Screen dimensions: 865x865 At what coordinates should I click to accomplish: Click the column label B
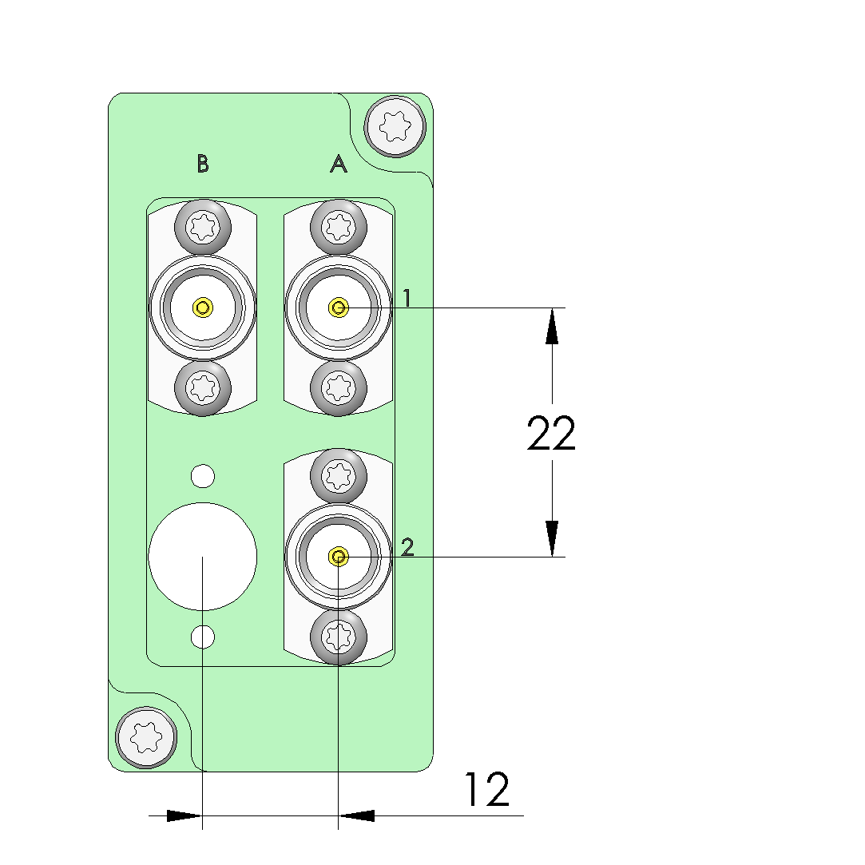[203, 164]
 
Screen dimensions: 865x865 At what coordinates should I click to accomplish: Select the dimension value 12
[486, 790]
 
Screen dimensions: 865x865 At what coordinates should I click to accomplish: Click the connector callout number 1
[407, 298]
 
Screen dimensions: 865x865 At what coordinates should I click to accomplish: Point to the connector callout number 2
[407, 547]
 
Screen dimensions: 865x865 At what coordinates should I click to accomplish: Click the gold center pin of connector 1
[339, 308]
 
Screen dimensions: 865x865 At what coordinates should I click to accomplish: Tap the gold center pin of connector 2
[339, 556]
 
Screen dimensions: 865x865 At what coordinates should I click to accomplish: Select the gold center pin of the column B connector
[203, 308]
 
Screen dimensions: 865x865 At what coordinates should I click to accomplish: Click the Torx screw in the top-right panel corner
[394, 125]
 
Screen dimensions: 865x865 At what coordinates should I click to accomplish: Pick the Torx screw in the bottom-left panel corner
[146, 737]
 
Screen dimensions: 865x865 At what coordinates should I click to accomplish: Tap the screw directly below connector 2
[339, 637]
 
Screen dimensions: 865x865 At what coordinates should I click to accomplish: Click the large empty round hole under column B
[203, 556]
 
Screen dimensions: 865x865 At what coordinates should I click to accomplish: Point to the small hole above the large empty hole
[203, 476]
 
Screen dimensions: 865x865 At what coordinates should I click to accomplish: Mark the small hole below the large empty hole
[203, 637]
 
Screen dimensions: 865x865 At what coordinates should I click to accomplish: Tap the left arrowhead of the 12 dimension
[184, 815]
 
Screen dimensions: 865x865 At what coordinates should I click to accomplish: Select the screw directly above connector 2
[339, 476]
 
